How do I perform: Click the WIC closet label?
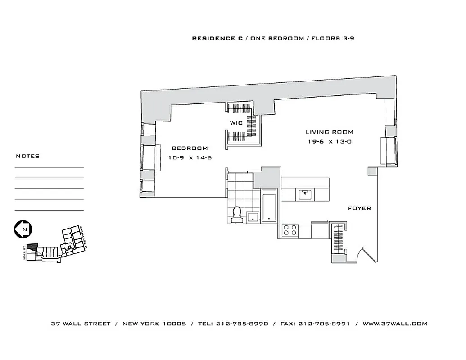click(x=236, y=123)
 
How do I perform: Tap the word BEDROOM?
click(x=190, y=148)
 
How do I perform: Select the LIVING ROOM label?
click(x=329, y=132)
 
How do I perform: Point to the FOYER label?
click(x=359, y=208)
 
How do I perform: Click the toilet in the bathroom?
click(x=237, y=214)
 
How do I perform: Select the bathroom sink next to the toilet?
click(x=253, y=217)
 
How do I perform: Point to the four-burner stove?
click(x=290, y=230)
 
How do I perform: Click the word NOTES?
click(x=27, y=156)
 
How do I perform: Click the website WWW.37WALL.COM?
click(x=394, y=324)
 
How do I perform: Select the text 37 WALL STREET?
click(x=81, y=324)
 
